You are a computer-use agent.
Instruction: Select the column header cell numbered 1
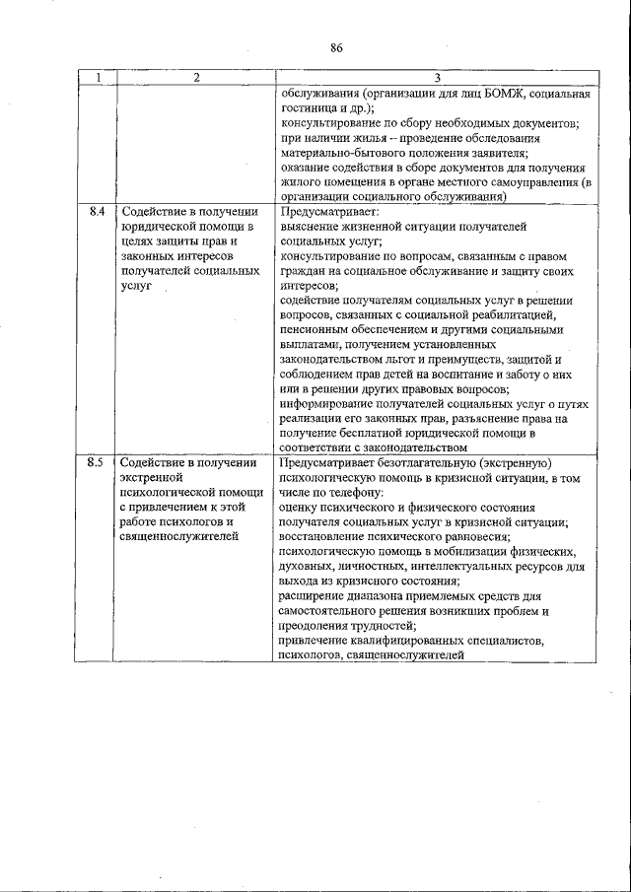click(x=96, y=78)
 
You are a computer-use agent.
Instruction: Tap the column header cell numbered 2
click(x=195, y=78)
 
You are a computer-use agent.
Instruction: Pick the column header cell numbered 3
click(x=436, y=78)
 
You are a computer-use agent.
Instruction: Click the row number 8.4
click(x=96, y=212)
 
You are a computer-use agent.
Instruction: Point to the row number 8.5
click(x=96, y=462)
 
